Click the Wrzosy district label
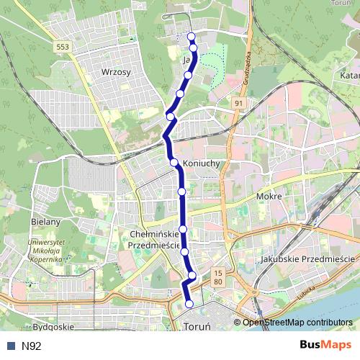click(x=116, y=72)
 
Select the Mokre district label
click(x=268, y=195)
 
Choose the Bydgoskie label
click(x=54, y=327)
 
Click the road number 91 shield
click(x=238, y=104)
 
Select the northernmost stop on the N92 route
click(x=191, y=36)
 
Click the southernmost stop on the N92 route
click(x=189, y=304)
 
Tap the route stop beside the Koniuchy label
click(x=174, y=162)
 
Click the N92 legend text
click(x=31, y=346)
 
